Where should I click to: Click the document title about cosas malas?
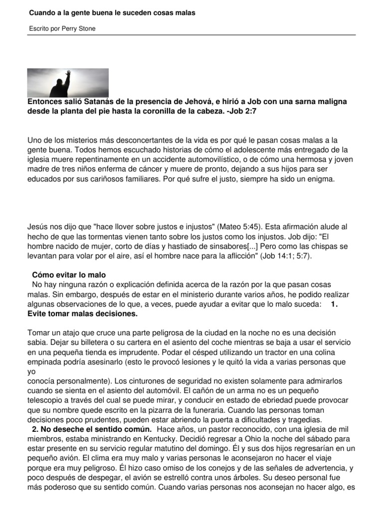click(112, 12)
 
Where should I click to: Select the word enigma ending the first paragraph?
click(320, 178)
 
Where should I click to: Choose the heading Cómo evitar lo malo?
click(69, 275)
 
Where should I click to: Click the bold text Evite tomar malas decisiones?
click(82, 314)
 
